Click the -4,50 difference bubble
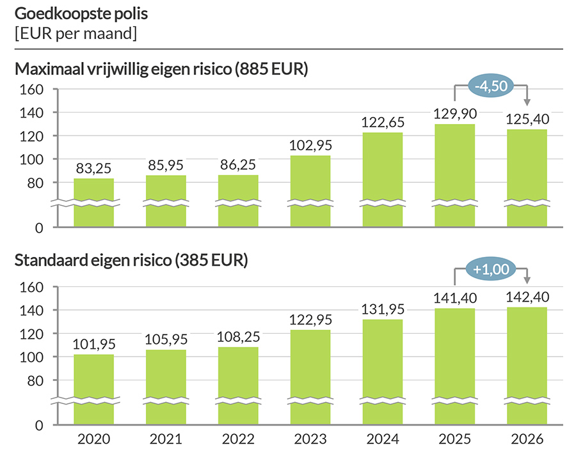490,85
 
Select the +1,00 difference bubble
490,269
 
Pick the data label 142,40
527,297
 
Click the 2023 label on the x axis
310,440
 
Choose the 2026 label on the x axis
527,440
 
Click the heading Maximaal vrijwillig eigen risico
161,69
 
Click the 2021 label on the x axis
166,440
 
